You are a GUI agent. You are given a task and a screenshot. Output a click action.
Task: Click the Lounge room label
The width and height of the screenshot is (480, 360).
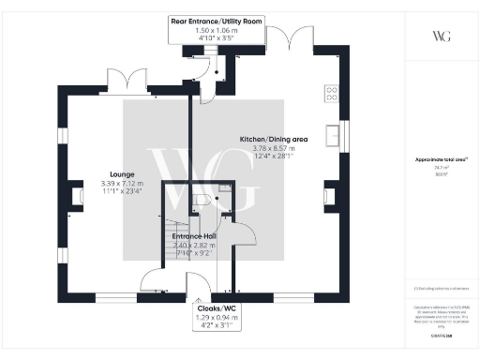point(122,174)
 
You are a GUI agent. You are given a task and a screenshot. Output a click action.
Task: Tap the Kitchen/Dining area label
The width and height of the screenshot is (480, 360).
point(268,138)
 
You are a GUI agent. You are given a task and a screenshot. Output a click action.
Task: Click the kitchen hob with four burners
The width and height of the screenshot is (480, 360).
point(331,93)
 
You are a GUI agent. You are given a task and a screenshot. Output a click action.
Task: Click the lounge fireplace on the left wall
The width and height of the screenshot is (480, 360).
point(76,197)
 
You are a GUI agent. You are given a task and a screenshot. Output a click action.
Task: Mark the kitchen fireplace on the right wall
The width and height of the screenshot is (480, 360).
point(330,196)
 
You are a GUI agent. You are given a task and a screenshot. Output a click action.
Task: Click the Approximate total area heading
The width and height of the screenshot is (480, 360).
point(440,159)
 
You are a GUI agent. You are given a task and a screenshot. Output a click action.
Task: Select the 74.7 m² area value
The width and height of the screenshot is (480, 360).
point(440,168)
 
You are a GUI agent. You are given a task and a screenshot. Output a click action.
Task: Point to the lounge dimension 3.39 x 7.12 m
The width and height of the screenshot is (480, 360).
point(122,184)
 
